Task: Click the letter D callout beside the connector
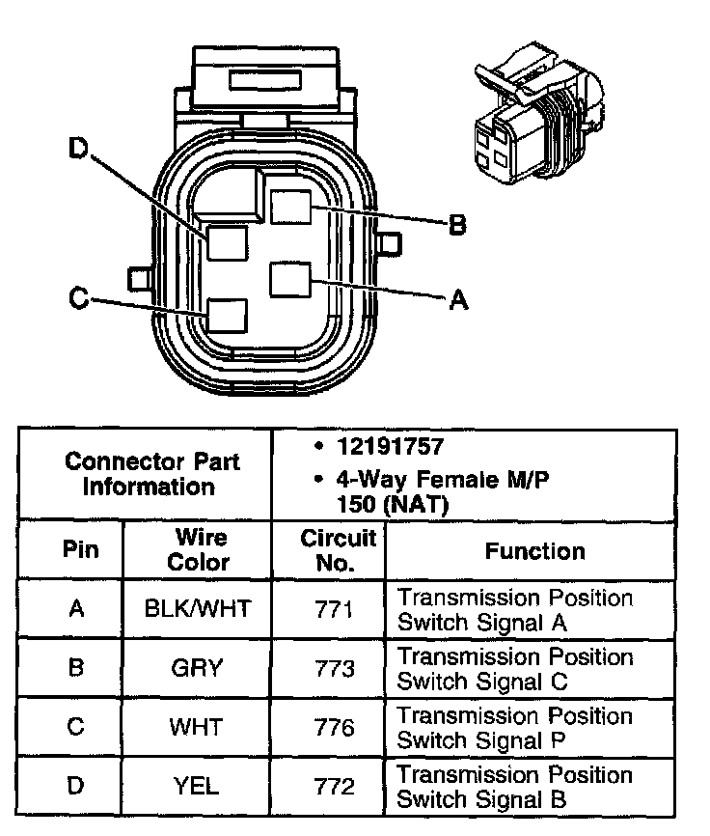tap(78, 149)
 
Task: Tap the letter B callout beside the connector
tap(458, 226)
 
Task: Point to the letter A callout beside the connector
tap(459, 301)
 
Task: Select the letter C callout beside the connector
tap(79, 299)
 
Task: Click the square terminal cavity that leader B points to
tap(289, 207)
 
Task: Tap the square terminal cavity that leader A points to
tap(289, 280)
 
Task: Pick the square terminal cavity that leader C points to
tap(228, 316)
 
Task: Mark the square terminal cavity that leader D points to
tap(228, 241)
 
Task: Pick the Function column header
tap(534, 551)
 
